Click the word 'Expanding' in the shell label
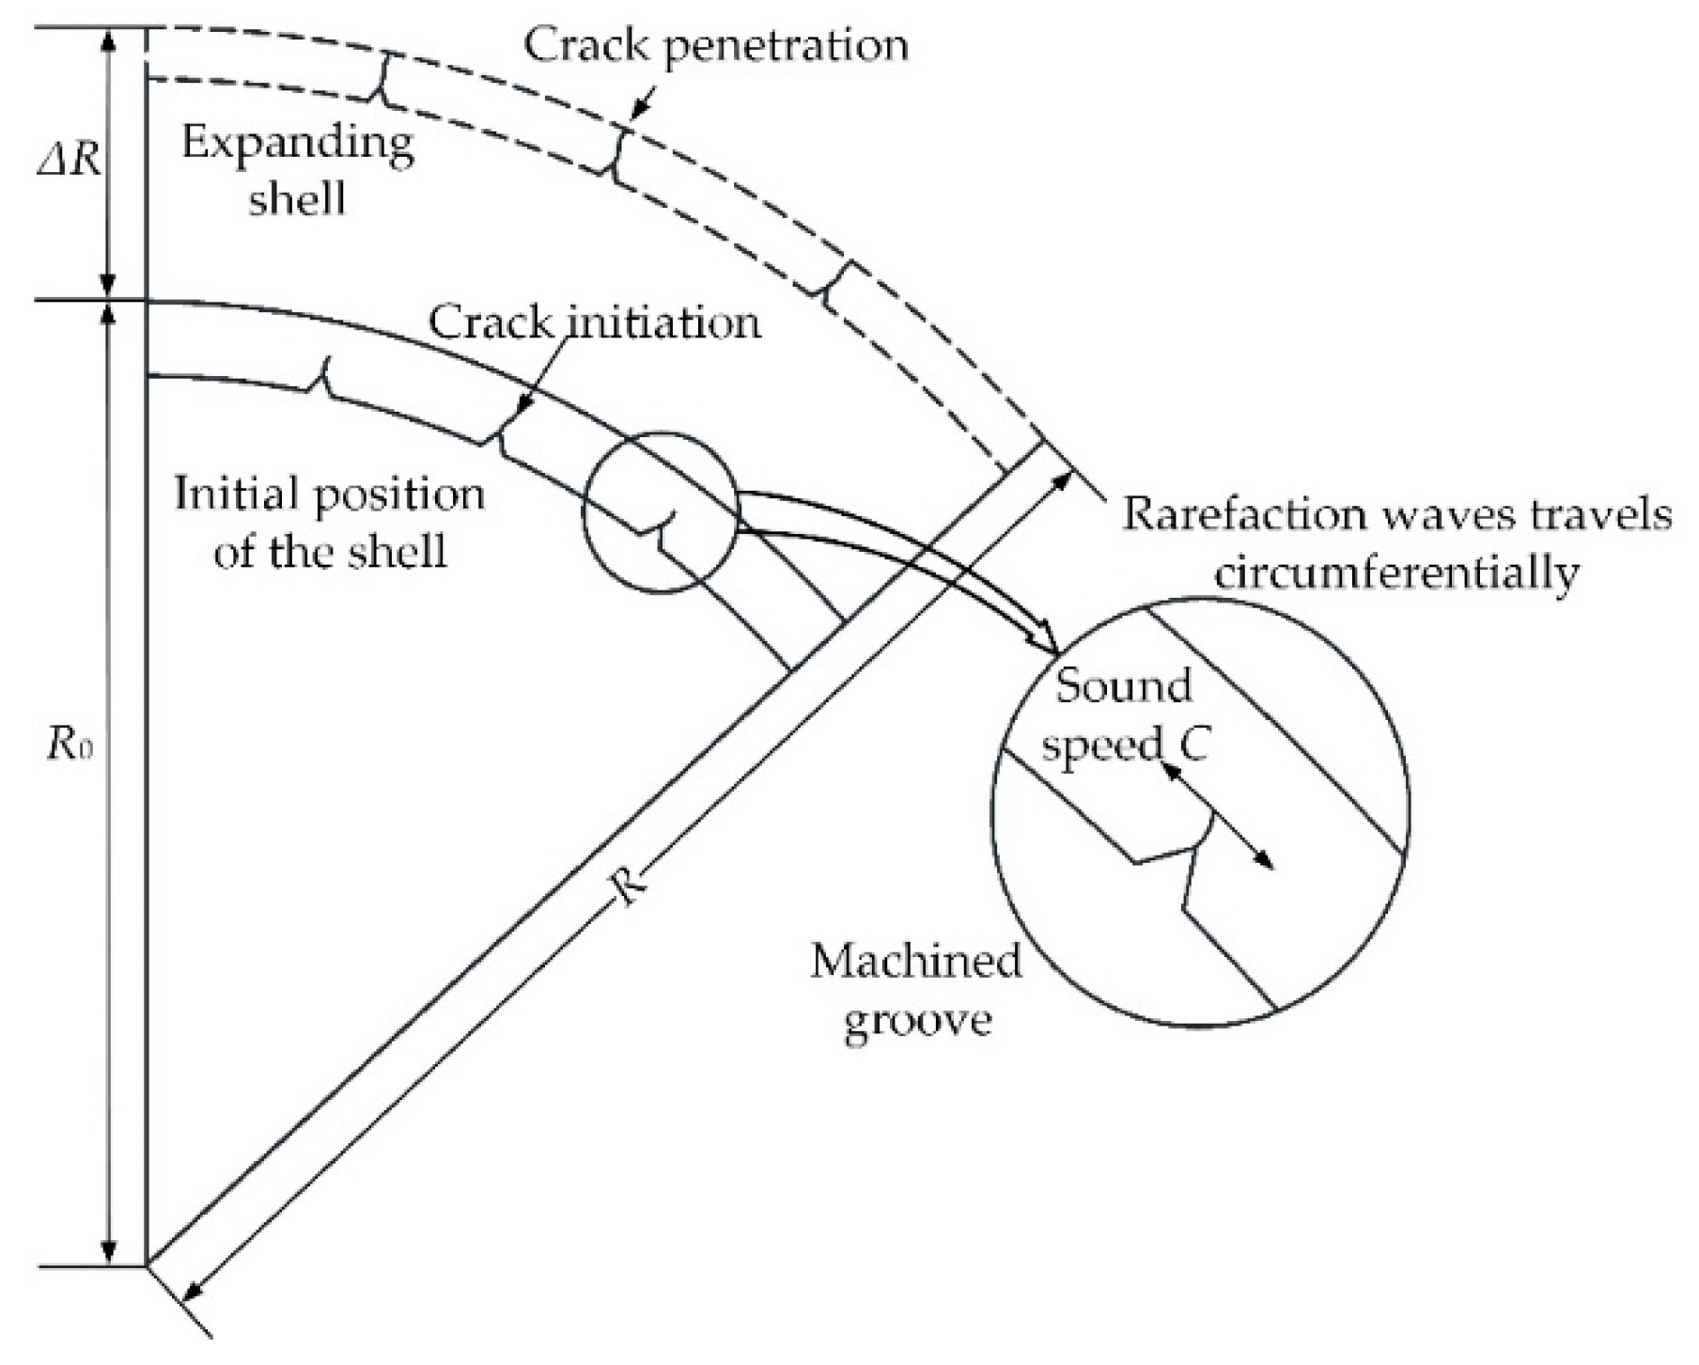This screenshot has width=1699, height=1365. (x=297, y=144)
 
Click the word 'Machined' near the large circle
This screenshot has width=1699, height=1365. (x=915, y=961)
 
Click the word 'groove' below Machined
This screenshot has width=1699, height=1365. (x=917, y=1019)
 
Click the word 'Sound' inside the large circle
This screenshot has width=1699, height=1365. (x=1123, y=686)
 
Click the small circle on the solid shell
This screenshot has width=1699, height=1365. (x=661, y=511)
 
